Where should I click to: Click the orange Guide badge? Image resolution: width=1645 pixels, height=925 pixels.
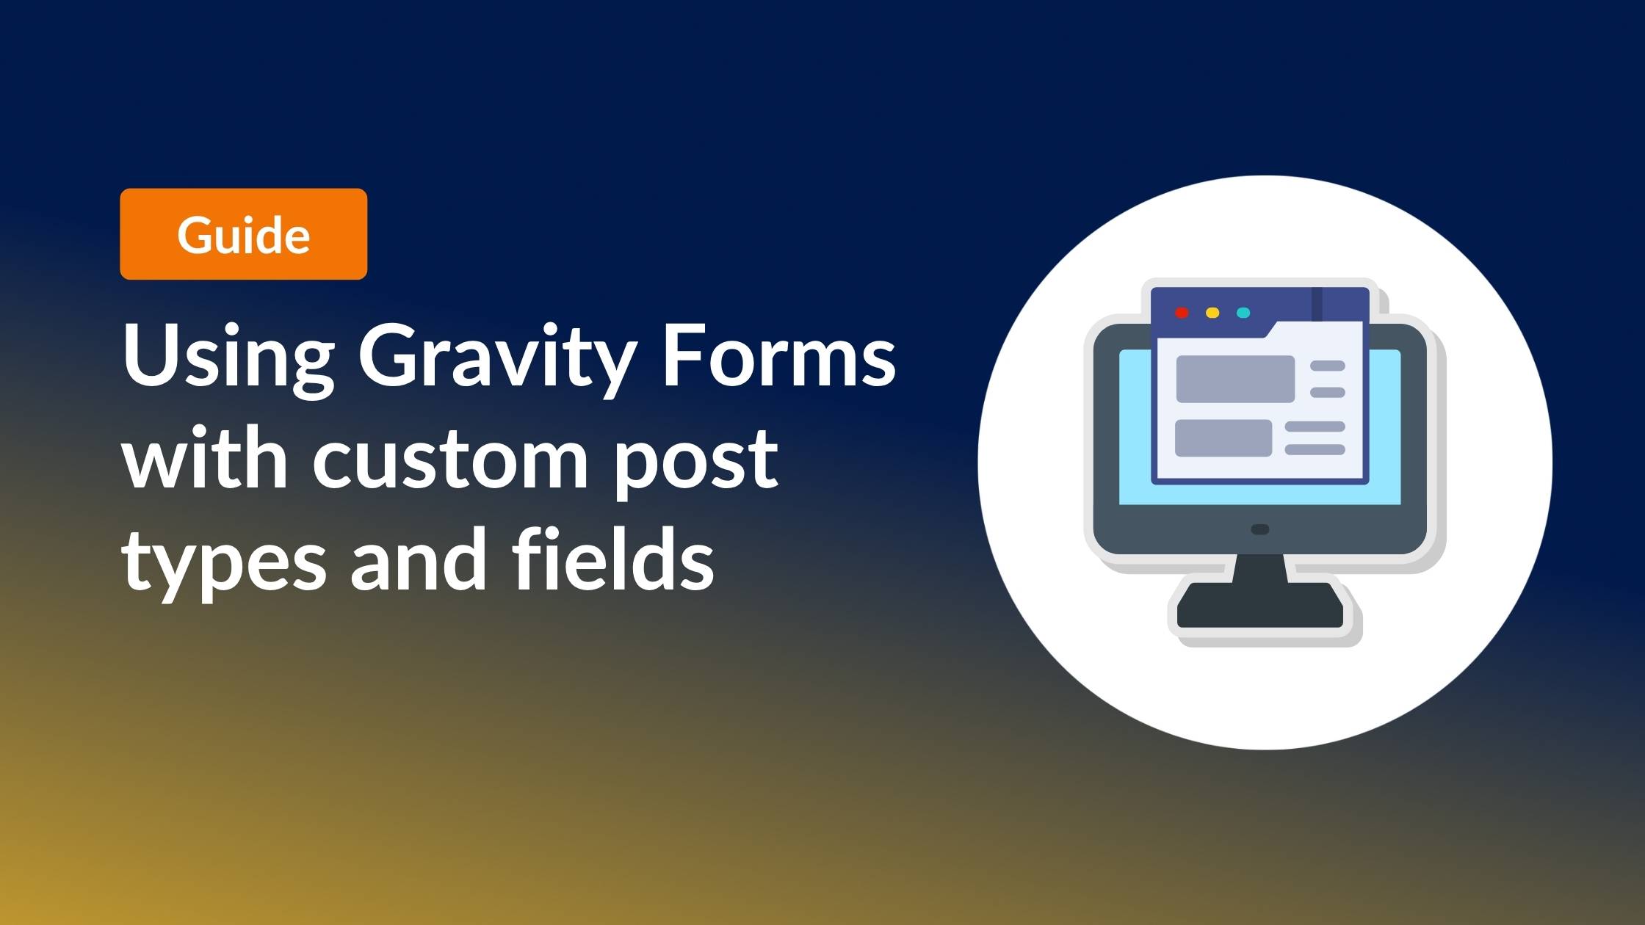[x=243, y=234]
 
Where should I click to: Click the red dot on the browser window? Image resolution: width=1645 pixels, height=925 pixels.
[x=1182, y=313]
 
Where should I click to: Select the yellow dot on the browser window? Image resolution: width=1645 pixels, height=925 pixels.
[x=1212, y=313]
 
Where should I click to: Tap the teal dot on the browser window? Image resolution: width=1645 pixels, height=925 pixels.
[x=1243, y=313]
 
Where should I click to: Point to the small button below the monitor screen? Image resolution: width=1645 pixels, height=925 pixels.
[x=1260, y=529]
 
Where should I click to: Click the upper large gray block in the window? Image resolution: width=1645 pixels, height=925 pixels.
[x=1235, y=379]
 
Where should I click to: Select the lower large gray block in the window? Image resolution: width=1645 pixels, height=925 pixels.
[x=1223, y=438]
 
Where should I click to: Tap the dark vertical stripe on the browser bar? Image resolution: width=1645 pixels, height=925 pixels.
[x=1317, y=304]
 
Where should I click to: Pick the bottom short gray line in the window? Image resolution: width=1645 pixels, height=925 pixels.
[x=1315, y=449]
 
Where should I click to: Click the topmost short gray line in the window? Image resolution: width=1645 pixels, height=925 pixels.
[x=1328, y=366]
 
